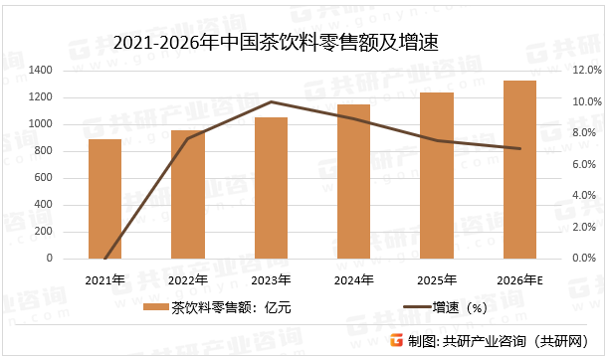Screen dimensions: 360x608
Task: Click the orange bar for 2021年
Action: point(104,199)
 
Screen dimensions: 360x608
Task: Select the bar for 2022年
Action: point(188,195)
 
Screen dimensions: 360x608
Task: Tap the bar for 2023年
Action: point(271,188)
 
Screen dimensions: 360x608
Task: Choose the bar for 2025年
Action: point(437,176)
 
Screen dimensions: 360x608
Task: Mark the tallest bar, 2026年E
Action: point(519,170)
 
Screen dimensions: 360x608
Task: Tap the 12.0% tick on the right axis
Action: point(582,71)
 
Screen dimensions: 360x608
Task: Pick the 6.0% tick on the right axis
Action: point(582,164)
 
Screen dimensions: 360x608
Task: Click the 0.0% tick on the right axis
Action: point(582,259)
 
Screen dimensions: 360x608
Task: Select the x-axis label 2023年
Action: point(271,279)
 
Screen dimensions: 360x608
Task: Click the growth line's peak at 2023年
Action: point(271,101)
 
